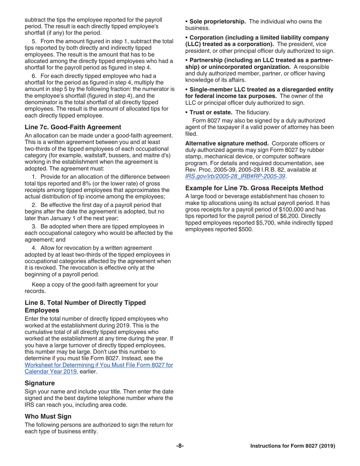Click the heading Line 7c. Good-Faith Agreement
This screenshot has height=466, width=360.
[x=73, y=127]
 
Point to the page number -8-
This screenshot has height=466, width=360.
[x=180, y=446]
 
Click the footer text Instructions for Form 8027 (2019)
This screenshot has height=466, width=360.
[x=293, y=446]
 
